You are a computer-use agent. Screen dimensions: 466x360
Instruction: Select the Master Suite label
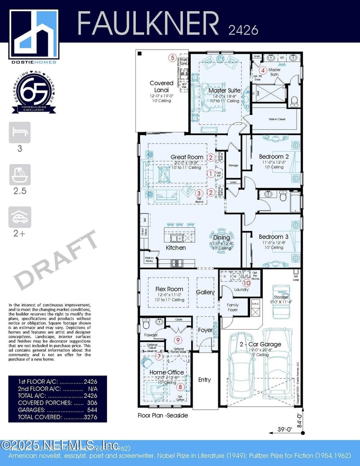pos(225,90)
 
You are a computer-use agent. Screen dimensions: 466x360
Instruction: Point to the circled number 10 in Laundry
pos(246,283)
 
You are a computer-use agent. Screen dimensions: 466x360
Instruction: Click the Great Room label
pos(187,157)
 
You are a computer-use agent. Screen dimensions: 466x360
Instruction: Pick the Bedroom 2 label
pos(274,157)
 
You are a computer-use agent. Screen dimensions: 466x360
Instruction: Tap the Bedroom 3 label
pos(274,237)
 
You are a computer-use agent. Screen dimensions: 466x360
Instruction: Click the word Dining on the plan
pos(221,237)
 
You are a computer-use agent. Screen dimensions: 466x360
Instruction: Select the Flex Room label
pos(169,289)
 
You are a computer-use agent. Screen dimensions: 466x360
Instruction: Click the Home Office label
pos(166,372)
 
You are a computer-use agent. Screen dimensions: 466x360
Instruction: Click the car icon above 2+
pos(20,217)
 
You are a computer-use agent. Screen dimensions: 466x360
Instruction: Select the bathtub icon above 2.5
pos(20,175)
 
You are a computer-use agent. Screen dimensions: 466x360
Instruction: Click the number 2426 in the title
pos(243,30)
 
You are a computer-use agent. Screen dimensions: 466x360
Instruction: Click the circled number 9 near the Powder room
pos(178,340)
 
